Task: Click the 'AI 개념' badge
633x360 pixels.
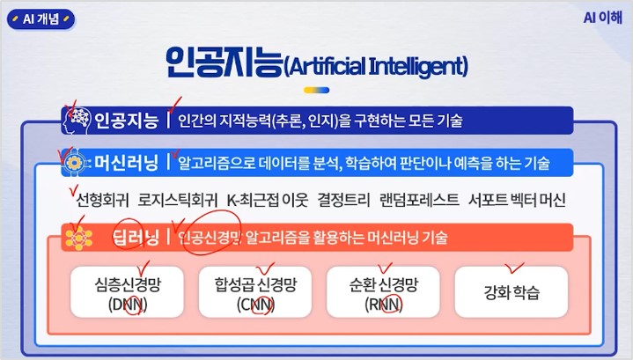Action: click(x=40, y=19)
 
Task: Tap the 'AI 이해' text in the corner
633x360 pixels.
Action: click(x=603, y=18)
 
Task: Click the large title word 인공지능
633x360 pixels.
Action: click(x=224, y=62)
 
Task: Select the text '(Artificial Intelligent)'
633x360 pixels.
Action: click(x=376, y=66)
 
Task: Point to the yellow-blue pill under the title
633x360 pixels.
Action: click(x=317, y=90)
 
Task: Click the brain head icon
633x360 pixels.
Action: click(x=77, y=120)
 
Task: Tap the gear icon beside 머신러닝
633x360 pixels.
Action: click(x=75, y=163)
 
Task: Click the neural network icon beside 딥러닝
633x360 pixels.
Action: click(x=78, y=238)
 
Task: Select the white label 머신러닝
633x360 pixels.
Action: click(x=126, y=163)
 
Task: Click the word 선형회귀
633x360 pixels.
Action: click(x=102, y=200)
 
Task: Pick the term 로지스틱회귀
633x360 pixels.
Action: click(x=177, y=200)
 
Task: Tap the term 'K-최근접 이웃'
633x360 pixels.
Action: click(x=268, y=200)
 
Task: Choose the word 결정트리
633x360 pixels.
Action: click(x=343, y=200)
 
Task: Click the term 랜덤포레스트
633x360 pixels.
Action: click(x=419, y=200)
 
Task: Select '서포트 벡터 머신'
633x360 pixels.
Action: click(x=517, y=200)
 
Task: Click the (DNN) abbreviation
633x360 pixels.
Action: click(x=128, y=304)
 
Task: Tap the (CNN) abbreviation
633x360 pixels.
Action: click(x=255, y=304)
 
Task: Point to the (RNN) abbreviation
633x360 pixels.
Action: click(x=384, y=304)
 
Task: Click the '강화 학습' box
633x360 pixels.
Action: click(x=512, y=292)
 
